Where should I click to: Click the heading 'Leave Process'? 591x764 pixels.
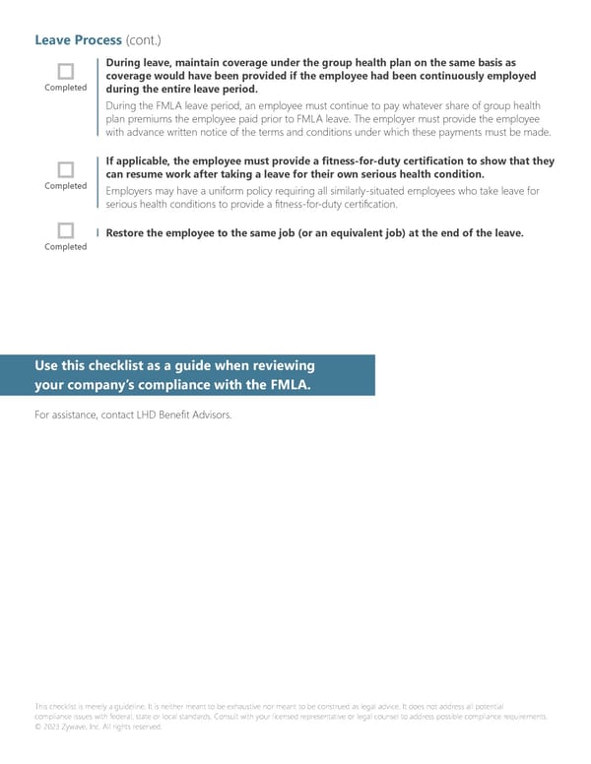[78, 40]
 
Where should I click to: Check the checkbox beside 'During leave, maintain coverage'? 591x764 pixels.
[66, 71]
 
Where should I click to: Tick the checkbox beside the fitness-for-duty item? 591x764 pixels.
[66, 169]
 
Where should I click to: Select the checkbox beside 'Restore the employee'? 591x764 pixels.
[66, 230]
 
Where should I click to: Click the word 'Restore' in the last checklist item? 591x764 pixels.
[127, 233]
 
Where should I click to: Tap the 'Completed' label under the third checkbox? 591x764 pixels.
[66, 246]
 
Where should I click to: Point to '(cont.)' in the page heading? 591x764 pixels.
[144, 40]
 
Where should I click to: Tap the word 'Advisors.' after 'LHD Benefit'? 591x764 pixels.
[214, 414]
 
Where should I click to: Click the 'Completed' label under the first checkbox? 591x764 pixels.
[66, 88]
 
